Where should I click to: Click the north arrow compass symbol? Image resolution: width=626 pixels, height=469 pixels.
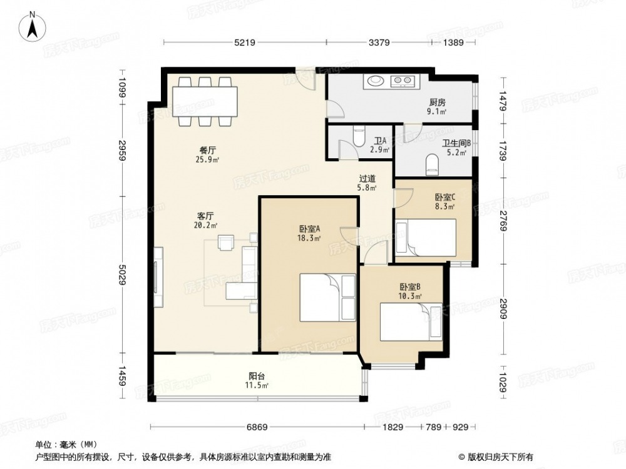(33, 26)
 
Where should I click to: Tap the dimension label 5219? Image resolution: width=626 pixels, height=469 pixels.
(245, 43)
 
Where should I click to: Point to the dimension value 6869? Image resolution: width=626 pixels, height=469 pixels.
(257, 427)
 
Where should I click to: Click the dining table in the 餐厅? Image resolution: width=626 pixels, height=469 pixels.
(205, 102)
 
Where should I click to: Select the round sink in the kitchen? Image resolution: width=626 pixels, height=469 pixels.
(375, 81)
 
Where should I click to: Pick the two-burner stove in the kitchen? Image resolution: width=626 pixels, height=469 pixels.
(403, 81)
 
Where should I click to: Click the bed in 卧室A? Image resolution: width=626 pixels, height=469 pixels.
(327, 297)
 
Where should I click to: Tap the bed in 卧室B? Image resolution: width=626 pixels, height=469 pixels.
(411, 321)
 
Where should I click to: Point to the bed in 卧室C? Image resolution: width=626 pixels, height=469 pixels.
(426, 237)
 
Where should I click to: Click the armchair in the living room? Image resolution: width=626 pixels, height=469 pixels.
(227, 243)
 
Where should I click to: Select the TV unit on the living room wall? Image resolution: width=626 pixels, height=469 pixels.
(158, 277)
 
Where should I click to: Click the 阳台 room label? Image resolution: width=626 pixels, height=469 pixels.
(257, 376)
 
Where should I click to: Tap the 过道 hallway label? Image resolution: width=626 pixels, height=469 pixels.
(367, 179)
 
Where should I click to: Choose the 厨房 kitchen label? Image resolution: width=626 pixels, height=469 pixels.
(437, 103)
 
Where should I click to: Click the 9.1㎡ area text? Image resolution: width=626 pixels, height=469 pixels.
(437, 112)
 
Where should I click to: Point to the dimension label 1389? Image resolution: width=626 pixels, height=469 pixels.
(453, 43)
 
